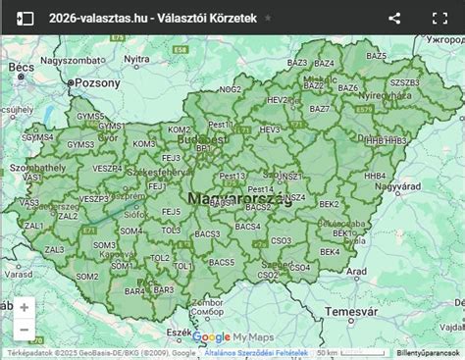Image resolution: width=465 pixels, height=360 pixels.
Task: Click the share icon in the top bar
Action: click(394, 18)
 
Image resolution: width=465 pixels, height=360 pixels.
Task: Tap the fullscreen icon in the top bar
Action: click(439, 18)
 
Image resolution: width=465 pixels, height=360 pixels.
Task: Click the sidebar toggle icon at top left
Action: click(25, 18)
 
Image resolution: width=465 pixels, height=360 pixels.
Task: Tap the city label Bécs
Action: click(21, 68)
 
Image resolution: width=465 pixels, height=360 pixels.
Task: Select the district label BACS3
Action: click(207, 234)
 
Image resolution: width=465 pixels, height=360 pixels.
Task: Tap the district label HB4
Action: click(375, 176)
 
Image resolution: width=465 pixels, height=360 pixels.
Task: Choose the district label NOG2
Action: click(231, 89)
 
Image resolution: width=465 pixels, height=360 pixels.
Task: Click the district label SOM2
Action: click(87, 276)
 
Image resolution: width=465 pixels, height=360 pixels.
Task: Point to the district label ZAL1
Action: click(33, 225)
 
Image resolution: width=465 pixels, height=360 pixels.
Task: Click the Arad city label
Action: click(357, 271)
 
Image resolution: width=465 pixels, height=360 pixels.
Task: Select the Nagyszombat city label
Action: click(72, 60)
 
